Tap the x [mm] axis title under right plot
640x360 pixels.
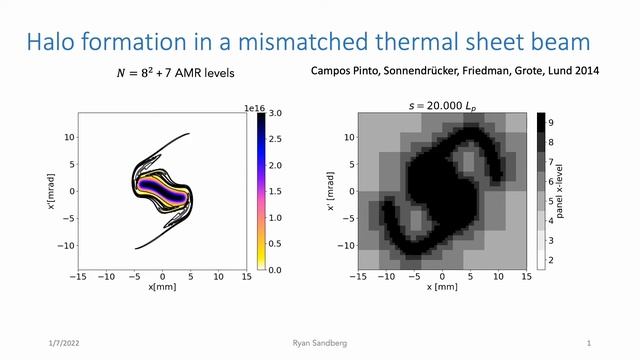click(x=442, y=287)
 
